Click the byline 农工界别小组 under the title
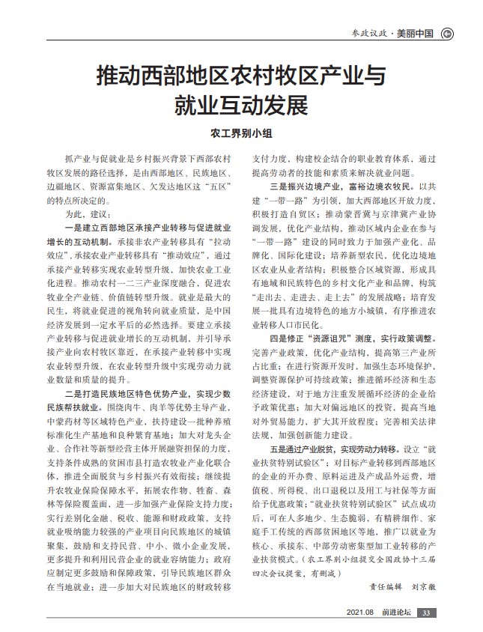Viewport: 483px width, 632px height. (241, 134)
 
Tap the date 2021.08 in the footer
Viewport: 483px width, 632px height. (361, 613)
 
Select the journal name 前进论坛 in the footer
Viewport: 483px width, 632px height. (396, 613)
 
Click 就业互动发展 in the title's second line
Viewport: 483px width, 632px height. (241, 104)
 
